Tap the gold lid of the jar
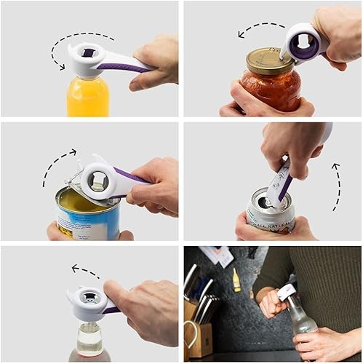[x=268, y=60]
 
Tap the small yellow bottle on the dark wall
[x=236, y=280]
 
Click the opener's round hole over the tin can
[x=96, y=176]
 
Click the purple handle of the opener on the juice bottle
[x=121, y=67]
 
